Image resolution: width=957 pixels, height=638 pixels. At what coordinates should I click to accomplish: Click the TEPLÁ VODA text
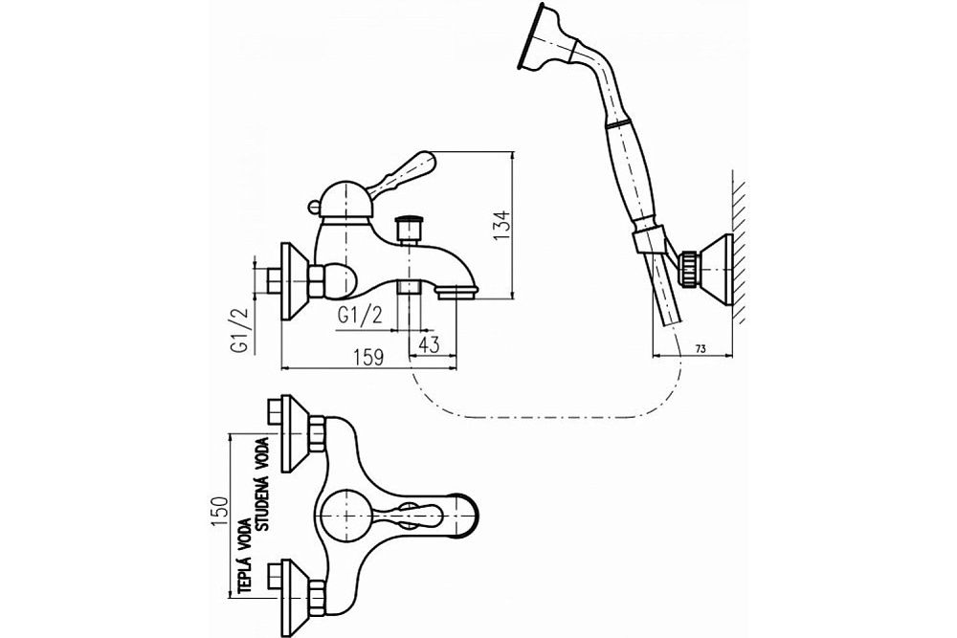coord(246,555)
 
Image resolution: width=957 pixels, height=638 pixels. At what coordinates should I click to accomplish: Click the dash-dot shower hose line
coord(536,417)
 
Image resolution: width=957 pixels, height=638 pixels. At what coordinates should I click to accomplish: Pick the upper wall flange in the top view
coord(293,425)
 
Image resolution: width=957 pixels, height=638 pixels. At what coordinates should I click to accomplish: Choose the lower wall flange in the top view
coord(293,583)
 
